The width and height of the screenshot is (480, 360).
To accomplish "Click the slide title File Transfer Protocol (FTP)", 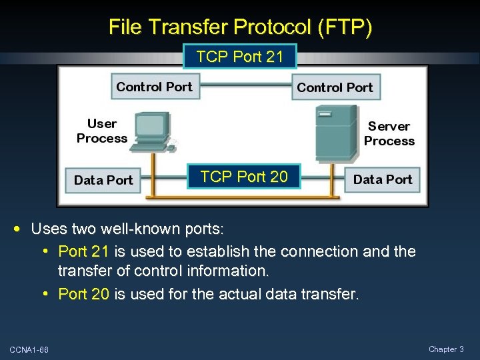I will point(240,27).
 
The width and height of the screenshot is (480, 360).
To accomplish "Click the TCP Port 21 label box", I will point(239,57).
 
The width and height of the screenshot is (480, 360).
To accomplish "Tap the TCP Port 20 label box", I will point(244,177).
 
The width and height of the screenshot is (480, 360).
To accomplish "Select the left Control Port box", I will point(154,87).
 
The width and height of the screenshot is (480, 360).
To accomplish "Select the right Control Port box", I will point(335,87).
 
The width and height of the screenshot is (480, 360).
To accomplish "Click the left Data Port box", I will point(103,180).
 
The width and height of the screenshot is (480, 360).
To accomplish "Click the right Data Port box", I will point(383,179).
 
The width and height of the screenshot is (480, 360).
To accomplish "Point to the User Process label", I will point(101,131).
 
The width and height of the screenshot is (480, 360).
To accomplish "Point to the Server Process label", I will point(389,133).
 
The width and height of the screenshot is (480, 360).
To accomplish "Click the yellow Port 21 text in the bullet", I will point(85,252).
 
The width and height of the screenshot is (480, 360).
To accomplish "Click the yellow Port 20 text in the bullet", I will point(84,294).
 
